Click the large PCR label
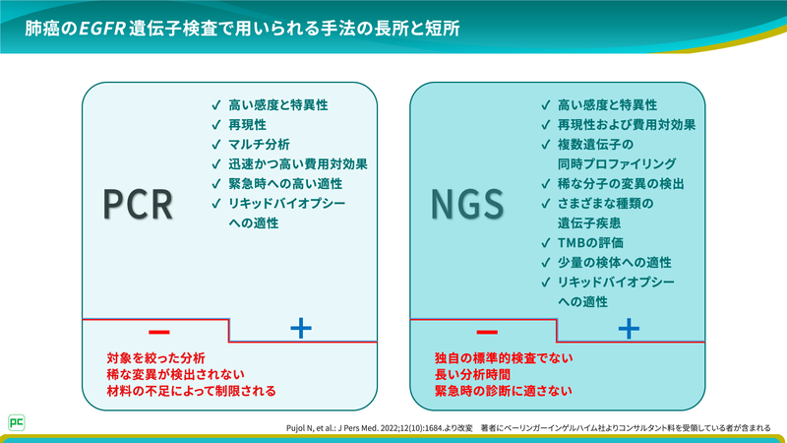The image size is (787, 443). pos(139,204)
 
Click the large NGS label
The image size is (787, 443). pos(467,204)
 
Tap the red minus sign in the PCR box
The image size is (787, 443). pos(158,329)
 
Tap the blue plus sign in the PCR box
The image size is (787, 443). pos(302,329)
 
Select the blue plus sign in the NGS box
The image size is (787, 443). pos(630,329)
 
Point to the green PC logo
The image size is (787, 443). pos(17,420)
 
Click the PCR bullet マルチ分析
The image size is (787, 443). pos(259,144)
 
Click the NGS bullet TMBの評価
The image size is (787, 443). pos(590,242)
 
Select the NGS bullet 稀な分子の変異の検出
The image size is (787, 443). pos(621,184)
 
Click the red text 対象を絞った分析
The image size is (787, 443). pos(157,358)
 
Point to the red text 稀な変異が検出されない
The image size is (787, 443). pos(175,375)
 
